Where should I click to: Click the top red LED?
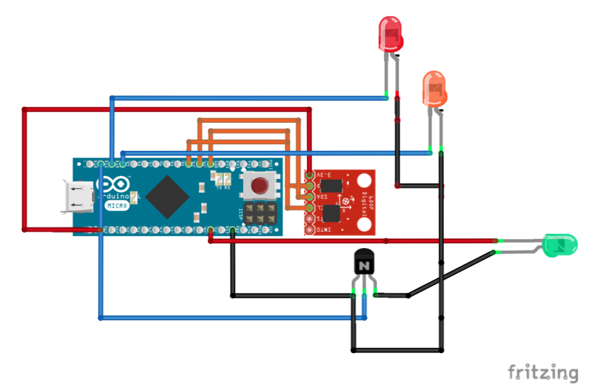(391, 35)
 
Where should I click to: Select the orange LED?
(434, 89)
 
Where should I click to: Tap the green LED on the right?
(560, 245)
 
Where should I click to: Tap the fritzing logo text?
(542, 373)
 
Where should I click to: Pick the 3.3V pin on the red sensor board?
(309, 175)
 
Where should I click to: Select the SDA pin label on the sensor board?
(320, 196)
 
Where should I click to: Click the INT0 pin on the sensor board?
(309, 229)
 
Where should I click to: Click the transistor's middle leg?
(364, 292)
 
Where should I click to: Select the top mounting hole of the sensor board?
(364, 177)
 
